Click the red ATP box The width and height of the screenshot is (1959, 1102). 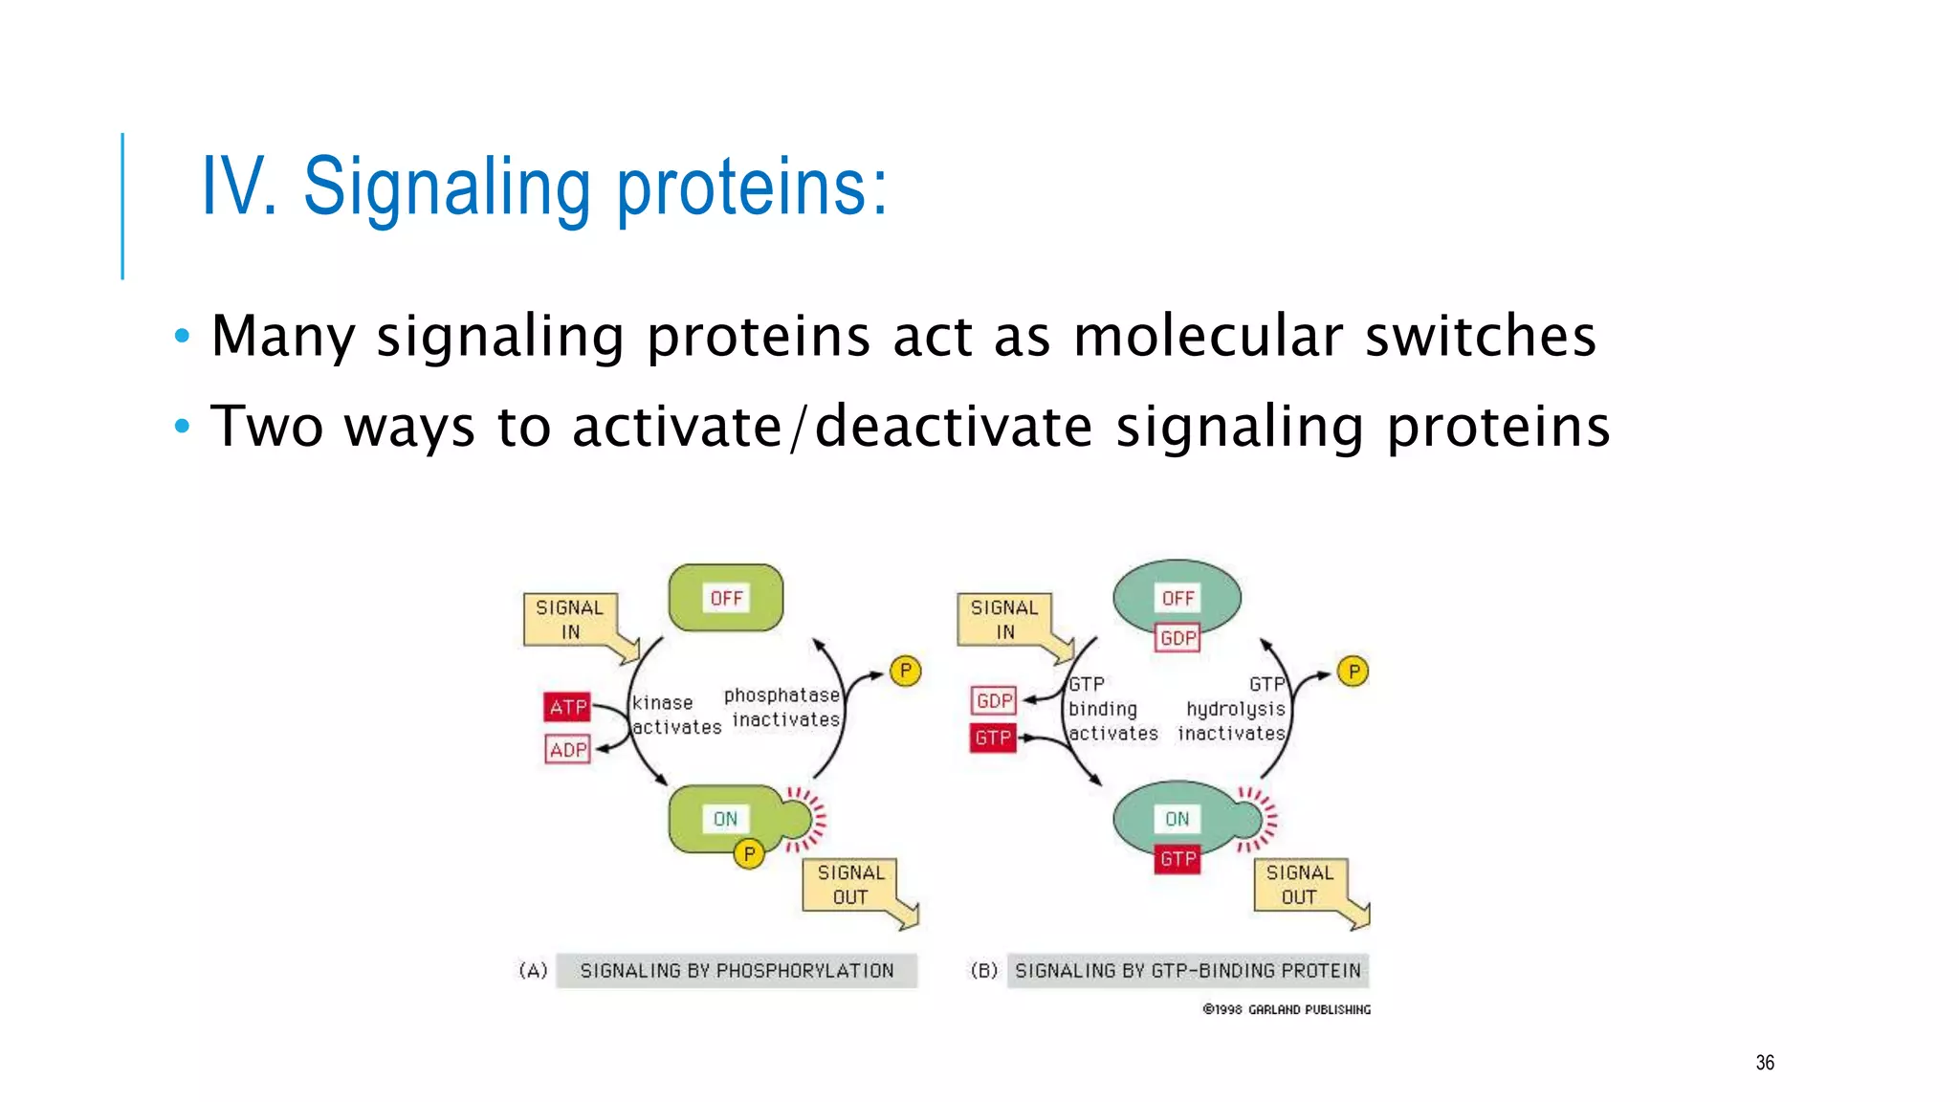click(567, 707)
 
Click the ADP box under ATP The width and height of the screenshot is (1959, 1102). click(567, 749)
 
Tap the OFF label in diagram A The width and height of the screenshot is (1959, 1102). click(726, 598)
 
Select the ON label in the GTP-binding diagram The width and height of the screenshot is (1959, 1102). click(1177, 819)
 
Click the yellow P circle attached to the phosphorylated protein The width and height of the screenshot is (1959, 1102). click(749, 853)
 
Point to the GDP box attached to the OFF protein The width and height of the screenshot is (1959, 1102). click(1178, 638)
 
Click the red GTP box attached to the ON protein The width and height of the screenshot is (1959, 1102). click(1178, 859)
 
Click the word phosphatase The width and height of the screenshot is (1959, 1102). click(781, 695)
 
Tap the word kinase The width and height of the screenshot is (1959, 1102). click(662, 703)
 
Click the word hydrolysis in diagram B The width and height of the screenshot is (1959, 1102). click(1235, 709)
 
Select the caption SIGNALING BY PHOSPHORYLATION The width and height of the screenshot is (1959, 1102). click(737, 971)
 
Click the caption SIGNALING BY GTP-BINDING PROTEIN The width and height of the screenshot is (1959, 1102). click(1187, 971)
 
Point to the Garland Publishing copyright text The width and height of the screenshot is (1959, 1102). click(1287, 1009)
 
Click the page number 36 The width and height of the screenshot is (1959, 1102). click(1765, 1063)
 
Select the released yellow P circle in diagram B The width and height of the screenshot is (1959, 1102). click(1353, 672)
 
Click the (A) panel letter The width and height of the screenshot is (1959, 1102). click(533, 971)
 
